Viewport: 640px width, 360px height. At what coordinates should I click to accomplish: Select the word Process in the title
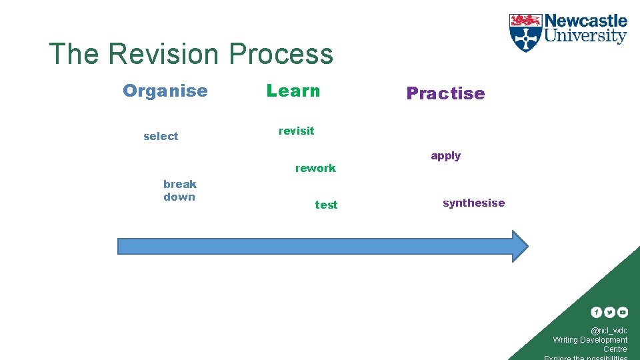coord(281,54)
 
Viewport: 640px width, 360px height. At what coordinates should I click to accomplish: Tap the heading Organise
coord(165,91)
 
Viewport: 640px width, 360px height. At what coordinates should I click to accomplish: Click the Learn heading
coord(293,91)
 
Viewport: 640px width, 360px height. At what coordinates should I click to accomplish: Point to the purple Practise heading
coord(445,93)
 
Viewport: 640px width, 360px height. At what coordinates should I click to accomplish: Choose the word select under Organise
coord(161,136)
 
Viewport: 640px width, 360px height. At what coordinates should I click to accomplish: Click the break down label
coord(179,190)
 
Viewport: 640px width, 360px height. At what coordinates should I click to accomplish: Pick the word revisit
coord(296,131)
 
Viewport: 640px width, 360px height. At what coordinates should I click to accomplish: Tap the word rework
coord(315,168)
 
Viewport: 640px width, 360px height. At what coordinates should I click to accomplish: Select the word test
coord(326,205)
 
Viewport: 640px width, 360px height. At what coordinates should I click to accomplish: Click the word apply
coord(445,156)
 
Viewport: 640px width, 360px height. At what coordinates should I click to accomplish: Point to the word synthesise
coord(473,203)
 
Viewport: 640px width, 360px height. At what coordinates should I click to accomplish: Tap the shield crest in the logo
coord(525,33)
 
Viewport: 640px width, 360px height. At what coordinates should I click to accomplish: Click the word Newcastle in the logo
coord(586,21)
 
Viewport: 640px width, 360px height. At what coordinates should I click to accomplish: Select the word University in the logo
coord(586,36)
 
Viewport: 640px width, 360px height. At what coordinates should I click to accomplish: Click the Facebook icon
coord(597,312)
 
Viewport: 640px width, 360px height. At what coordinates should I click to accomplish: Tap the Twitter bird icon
coord(609,312)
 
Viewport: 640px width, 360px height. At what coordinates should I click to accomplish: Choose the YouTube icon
coord(622,312)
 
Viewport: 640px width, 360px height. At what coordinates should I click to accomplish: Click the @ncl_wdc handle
coord(609,330)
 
